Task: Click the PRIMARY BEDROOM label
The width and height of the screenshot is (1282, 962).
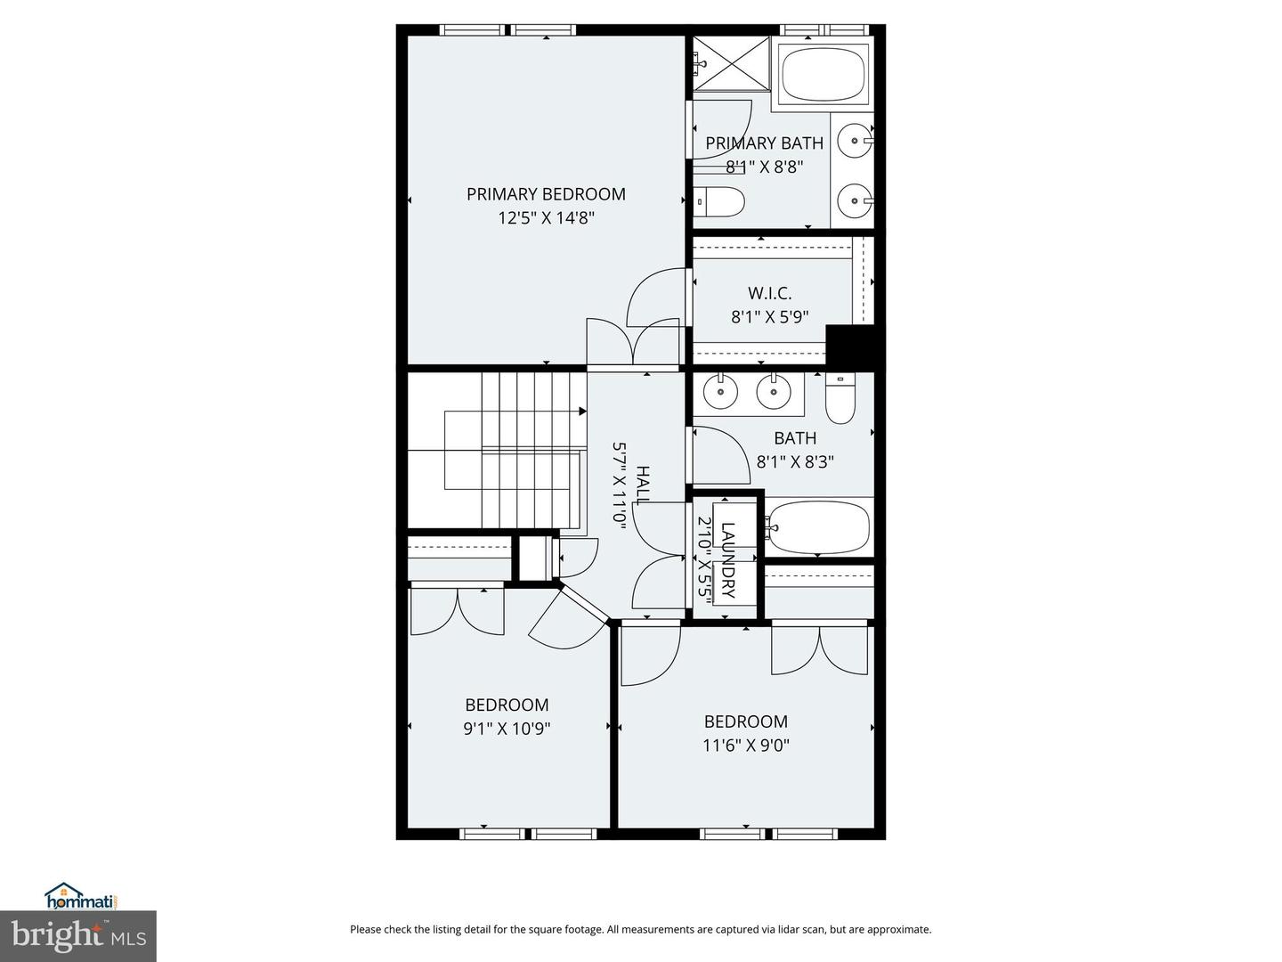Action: pyautogui.click(x=546, y=194)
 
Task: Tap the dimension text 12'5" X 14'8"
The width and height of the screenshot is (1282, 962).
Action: pyautogui.click(x=546, y=217)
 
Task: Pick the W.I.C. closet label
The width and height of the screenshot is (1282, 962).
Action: pyautogui.click(x=769, y=293)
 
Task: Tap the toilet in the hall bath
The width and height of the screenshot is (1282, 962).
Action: pyautogui.click(x=840, y=400)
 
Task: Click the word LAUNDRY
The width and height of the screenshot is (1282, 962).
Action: pyautogui.click(x=728, y=559)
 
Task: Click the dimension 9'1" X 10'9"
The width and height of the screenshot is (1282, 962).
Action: pyautogui.click(x=507, y=729)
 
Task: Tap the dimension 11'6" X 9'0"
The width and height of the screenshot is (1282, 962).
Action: pyautogui.click(x=745, y=746)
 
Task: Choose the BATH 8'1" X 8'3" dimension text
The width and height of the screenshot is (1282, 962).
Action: pyautogui.click(x=795, y=461)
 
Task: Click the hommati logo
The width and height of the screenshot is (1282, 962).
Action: pyautogui.click(x=81, y=896)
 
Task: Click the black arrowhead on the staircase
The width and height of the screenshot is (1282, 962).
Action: pyautogui.click(x=582, y=412)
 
